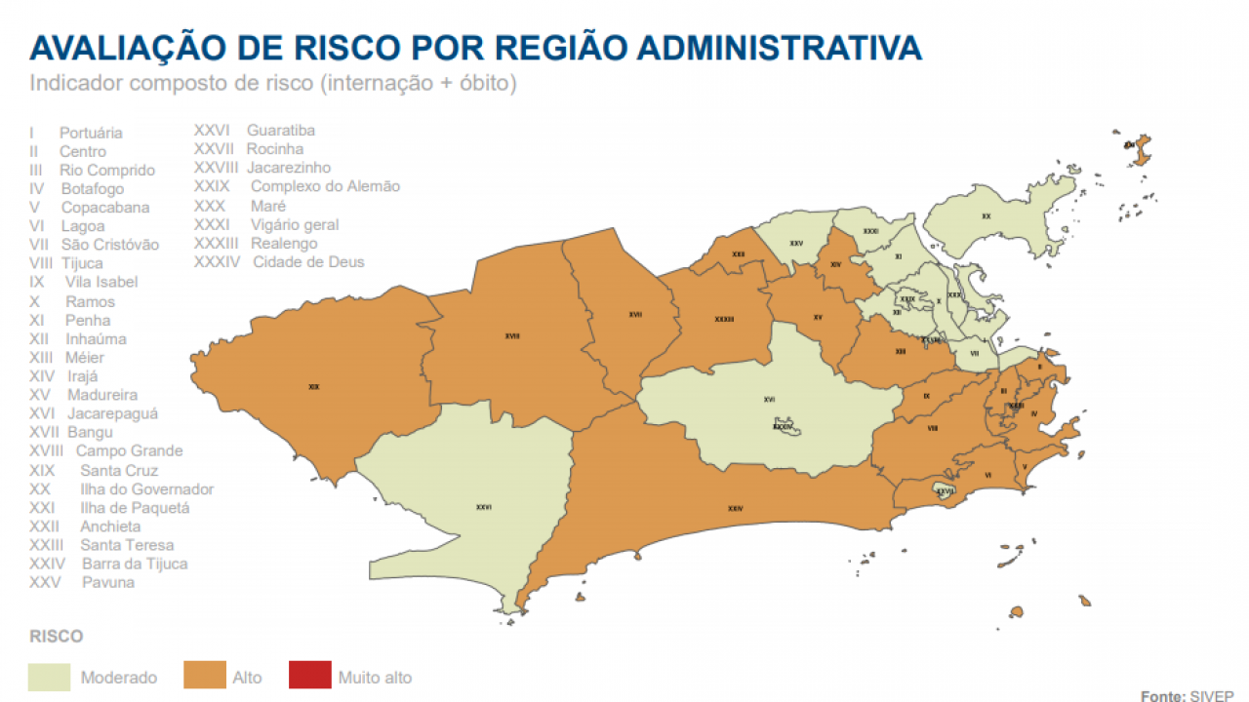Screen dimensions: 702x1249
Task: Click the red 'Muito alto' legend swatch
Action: coord(309,676)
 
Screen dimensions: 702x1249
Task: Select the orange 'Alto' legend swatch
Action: coord(204,676)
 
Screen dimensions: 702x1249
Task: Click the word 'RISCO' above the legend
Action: coord(56,637)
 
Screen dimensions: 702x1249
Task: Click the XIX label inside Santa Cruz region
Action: coord(313,387)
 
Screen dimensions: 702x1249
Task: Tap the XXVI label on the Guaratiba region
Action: coord(483,507)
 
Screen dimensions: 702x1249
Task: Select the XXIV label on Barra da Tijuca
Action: coord(735,508)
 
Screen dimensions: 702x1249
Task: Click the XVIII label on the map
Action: coord(511,336)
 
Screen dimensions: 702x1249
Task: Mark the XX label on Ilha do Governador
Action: coord(986,216)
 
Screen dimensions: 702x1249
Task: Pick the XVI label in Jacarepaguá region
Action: coord(769,399)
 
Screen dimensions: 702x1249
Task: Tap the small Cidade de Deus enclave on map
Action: coord(784,426)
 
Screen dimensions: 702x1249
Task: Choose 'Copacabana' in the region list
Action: coord(105,208)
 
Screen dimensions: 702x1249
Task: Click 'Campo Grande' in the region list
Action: coord(129,450)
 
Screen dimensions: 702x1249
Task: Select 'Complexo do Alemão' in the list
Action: coord(325,186)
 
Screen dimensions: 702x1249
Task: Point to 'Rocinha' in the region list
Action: coord(275,149)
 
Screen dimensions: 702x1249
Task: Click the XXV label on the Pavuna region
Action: coord(796,243)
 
